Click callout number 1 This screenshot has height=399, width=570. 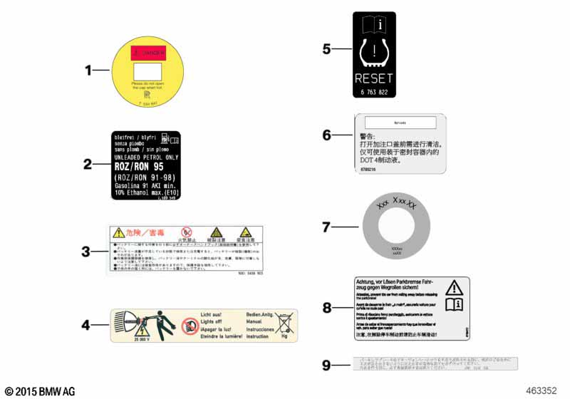pos(89,71)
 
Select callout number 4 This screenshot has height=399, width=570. pos(85,326)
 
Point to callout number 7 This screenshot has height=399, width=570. pos(326,227)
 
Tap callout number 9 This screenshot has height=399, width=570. pos(326,366)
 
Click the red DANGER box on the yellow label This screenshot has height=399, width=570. pos(148,53)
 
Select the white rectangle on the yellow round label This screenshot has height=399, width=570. pos(148,72)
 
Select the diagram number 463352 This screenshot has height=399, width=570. pos(541,390)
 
